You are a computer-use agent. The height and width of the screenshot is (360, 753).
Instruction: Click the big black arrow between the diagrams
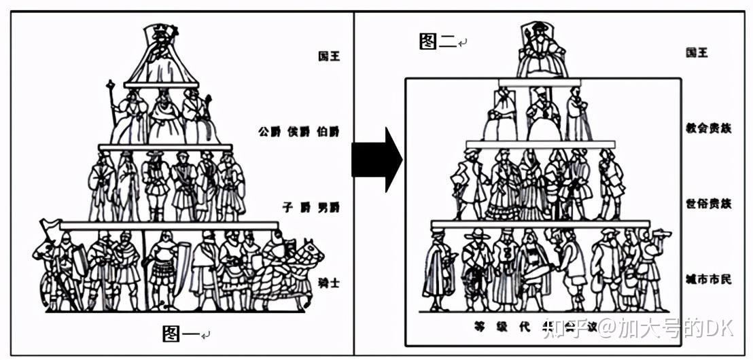376,160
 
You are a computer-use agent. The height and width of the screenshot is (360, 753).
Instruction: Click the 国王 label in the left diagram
329,56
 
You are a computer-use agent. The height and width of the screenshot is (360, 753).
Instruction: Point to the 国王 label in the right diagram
696,52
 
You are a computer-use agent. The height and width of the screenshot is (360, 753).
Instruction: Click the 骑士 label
329,283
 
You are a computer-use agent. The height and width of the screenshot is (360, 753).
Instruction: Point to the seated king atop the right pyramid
541,51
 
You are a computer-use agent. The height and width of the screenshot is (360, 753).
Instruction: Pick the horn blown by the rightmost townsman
659,235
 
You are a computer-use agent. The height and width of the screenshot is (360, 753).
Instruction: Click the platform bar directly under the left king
161,85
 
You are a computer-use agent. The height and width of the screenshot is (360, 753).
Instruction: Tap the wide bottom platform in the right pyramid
540,223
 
